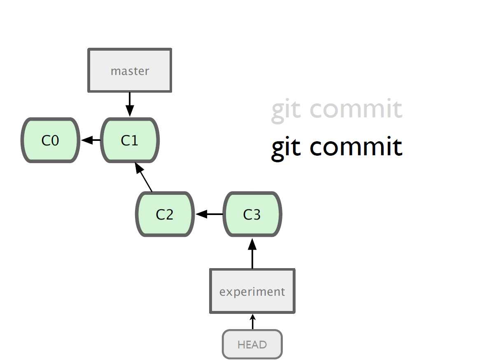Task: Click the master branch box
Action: point(130,70)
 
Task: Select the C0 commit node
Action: point(51,140)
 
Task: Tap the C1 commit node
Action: point(130,140)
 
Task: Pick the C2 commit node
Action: point(165,214)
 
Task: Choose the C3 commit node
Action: point(252,214)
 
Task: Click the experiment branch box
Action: point(252,291)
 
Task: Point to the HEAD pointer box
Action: point(252,344)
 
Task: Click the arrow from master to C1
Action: point(130,105)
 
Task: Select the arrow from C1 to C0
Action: point(91,140)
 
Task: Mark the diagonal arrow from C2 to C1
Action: point(144,177)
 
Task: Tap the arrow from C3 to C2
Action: point(209,214)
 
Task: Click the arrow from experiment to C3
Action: point(252,253)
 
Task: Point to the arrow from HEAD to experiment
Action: point(252,322)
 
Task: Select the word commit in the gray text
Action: point(356,109)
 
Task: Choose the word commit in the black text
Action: point(356,147)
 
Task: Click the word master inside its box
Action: point(130,71)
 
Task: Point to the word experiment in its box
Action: point(252,292)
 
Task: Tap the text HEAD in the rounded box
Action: point(252,345)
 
